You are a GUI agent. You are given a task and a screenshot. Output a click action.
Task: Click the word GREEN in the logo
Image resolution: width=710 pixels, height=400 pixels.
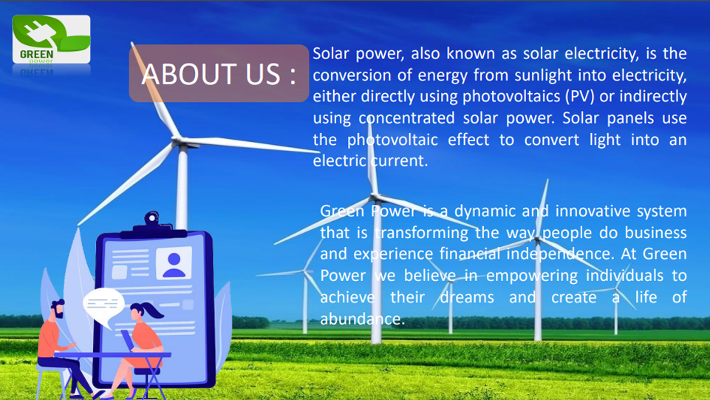[37, 55]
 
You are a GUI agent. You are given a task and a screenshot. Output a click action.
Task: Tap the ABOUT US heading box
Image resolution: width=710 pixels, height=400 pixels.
[219, 73]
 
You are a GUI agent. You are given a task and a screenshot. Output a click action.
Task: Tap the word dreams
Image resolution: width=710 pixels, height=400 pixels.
[467, 298]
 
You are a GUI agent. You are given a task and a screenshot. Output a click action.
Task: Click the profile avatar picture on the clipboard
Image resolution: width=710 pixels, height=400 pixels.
[174, 263]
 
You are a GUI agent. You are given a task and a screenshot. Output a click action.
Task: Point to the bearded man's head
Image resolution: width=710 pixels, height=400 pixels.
[58, 309]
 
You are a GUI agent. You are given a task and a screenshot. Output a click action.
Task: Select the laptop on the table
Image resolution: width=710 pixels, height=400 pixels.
[127, 341]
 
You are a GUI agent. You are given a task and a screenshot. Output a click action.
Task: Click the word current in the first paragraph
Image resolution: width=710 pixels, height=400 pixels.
[399, 161]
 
